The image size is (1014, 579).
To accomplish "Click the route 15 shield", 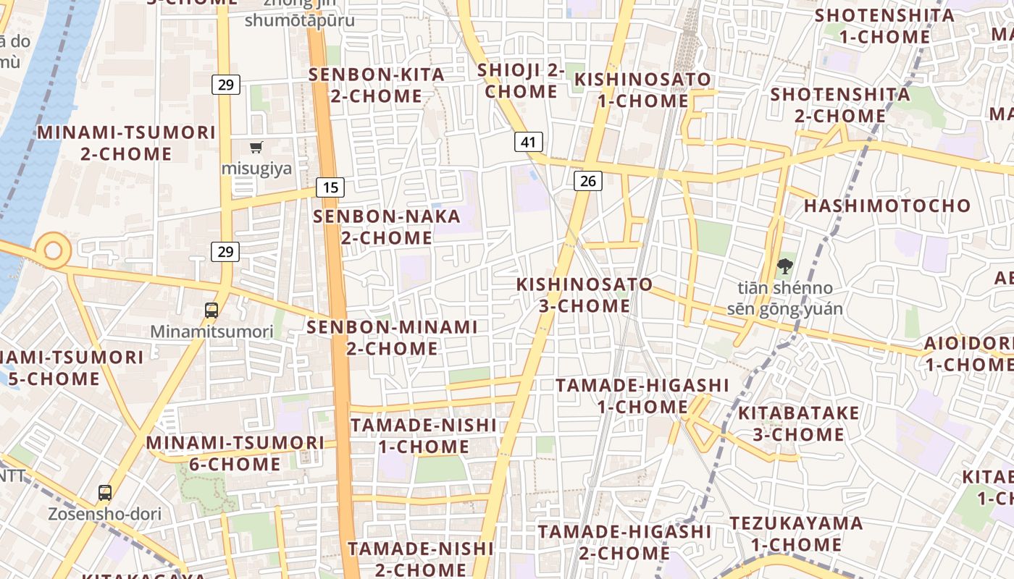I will (330, 187).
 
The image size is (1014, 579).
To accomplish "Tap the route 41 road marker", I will (529, 142).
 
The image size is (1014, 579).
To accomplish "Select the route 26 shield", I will (587, 180).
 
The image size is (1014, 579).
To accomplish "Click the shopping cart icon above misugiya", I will (256, 148).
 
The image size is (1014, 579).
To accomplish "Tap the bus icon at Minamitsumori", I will (211, 310).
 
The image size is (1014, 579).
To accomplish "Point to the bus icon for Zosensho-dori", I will (105, 494).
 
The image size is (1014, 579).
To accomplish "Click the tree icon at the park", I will (784, 267).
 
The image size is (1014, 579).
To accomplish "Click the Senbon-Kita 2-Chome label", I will (377, 85).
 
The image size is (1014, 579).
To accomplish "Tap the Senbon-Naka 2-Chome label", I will (387, 227).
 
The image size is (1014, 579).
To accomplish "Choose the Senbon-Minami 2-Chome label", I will (392, 337).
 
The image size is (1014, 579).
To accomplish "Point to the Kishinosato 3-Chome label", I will (584, 295).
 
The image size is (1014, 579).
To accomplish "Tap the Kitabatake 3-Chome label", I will (798, 423).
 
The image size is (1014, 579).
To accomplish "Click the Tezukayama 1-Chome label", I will (796, 533).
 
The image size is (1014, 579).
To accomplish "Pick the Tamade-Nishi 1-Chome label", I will (424, 435).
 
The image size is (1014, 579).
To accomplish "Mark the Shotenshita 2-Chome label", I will (840, 105).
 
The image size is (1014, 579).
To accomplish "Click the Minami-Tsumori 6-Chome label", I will (235, 452).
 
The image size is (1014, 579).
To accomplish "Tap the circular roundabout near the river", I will (53, 250).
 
